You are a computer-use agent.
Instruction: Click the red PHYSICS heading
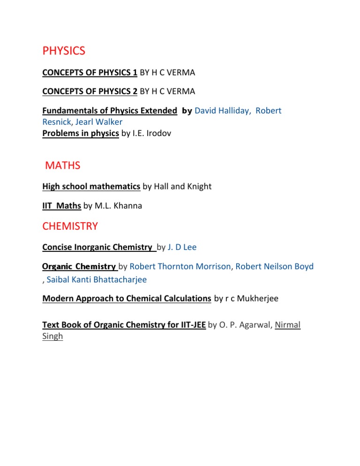click(64, 51)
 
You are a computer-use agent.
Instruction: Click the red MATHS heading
click(63, 165)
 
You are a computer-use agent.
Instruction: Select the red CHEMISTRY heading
click(70, 226)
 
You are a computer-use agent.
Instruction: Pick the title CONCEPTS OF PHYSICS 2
click(90, 91)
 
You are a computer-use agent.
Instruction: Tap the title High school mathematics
click(91, 187)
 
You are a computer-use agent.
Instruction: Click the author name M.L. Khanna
click(126, 205)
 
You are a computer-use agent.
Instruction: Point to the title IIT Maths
click(61, 205)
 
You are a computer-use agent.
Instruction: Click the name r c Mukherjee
click(253, 298)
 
